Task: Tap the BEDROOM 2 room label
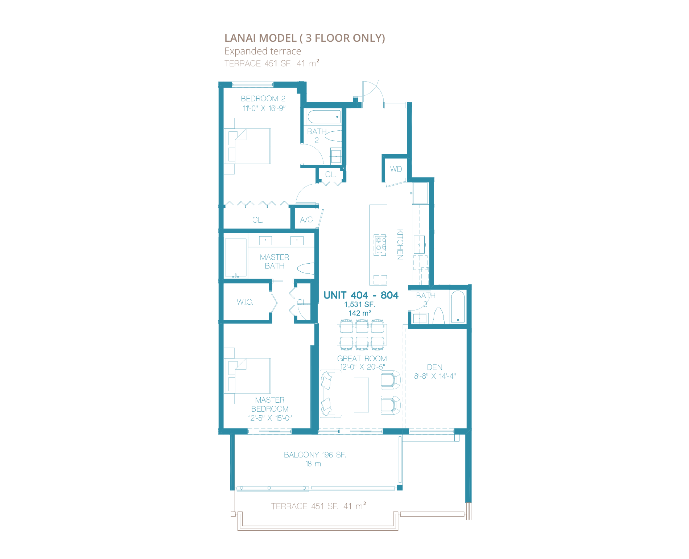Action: [x=263, y=99]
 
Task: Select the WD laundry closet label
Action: [x=396, y=169]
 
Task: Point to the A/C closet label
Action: [x=306, y=219]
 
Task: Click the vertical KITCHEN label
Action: [x=400, y=244]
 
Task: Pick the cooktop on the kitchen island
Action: [x=380, y=245]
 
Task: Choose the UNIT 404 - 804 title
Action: [x=361, y=295]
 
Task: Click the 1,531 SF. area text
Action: [x=360, y=305]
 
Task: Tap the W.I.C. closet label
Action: [x=245, y=302]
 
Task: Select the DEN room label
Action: [x=434, y=367]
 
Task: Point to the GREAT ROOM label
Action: [x=362, y=358]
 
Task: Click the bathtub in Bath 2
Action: [x=324, y=117]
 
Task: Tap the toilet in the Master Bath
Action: [x=305, y=268]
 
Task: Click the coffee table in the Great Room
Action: [x=361, y=395]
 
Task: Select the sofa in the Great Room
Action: [x=330, y=394]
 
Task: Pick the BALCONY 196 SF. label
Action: [x=315, y=455]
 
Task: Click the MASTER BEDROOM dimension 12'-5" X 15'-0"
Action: [x=270, y=418]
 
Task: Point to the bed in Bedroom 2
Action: [x=247, y=146]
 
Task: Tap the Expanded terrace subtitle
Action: [x=263, y=51]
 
